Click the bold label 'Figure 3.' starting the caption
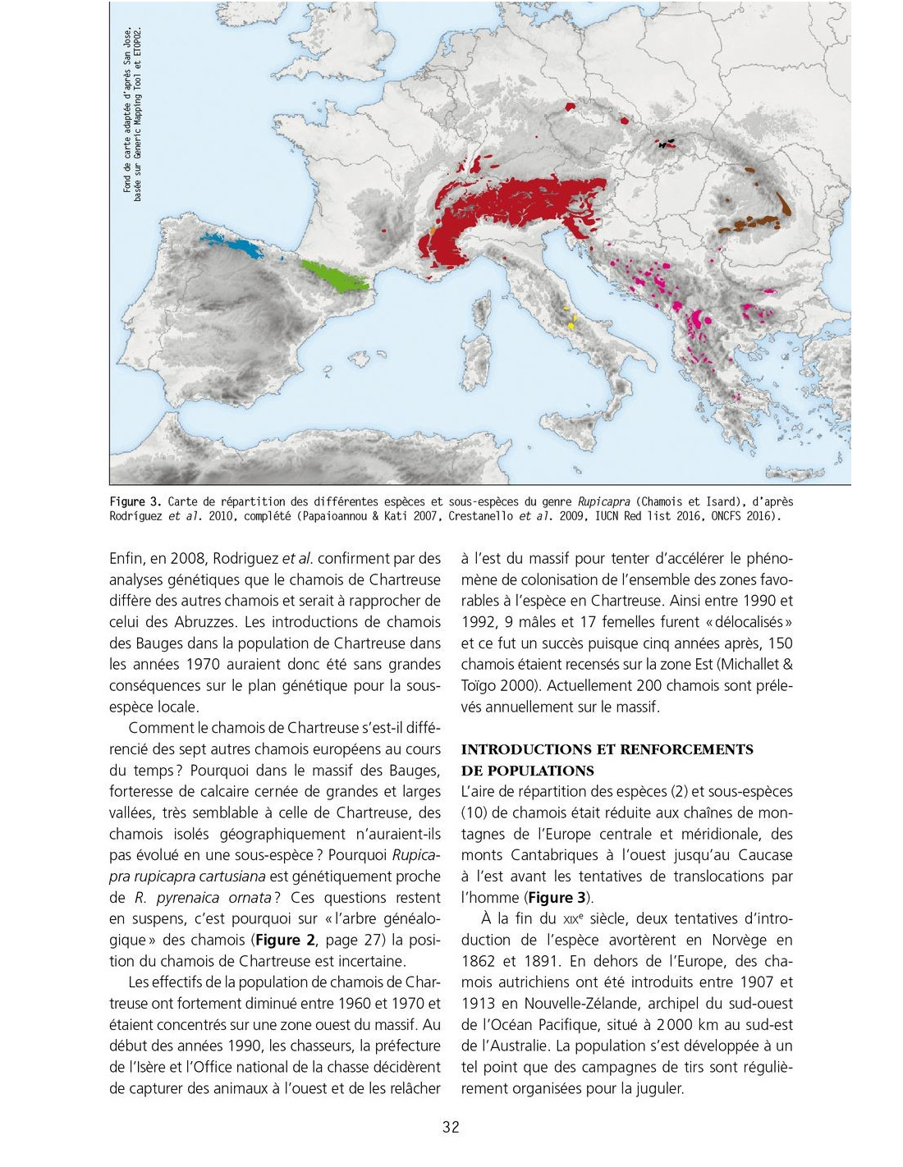pos(135,502)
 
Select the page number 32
pos(451,1127)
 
